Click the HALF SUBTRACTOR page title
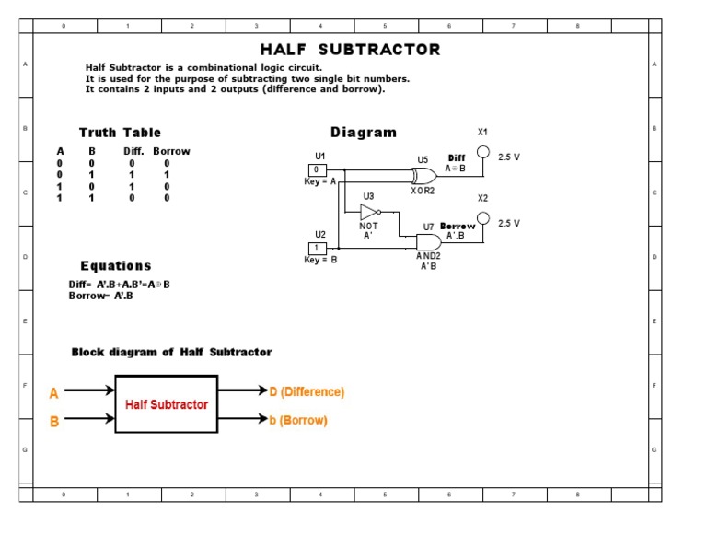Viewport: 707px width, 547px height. (350, 50)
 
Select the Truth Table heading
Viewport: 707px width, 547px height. (120, 133)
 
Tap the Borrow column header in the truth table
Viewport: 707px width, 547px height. (171, 151)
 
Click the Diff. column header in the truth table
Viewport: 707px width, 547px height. (133, 151)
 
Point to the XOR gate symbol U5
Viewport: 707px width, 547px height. (424, 176)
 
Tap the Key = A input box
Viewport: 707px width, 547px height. (317, 170)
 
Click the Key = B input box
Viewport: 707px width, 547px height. (317, 249)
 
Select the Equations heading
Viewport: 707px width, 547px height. (115, 266)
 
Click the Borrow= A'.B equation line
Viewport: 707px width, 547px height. (101, 296)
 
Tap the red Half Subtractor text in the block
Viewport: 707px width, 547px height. (167, 404)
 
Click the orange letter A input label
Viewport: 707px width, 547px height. (54, 393)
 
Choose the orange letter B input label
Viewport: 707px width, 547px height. (54, 422)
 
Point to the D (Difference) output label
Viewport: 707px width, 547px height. (307, 391)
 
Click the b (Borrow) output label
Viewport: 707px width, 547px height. (298, 421)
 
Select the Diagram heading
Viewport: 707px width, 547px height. (364, 133)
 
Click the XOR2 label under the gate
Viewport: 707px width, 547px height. (423, 191)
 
